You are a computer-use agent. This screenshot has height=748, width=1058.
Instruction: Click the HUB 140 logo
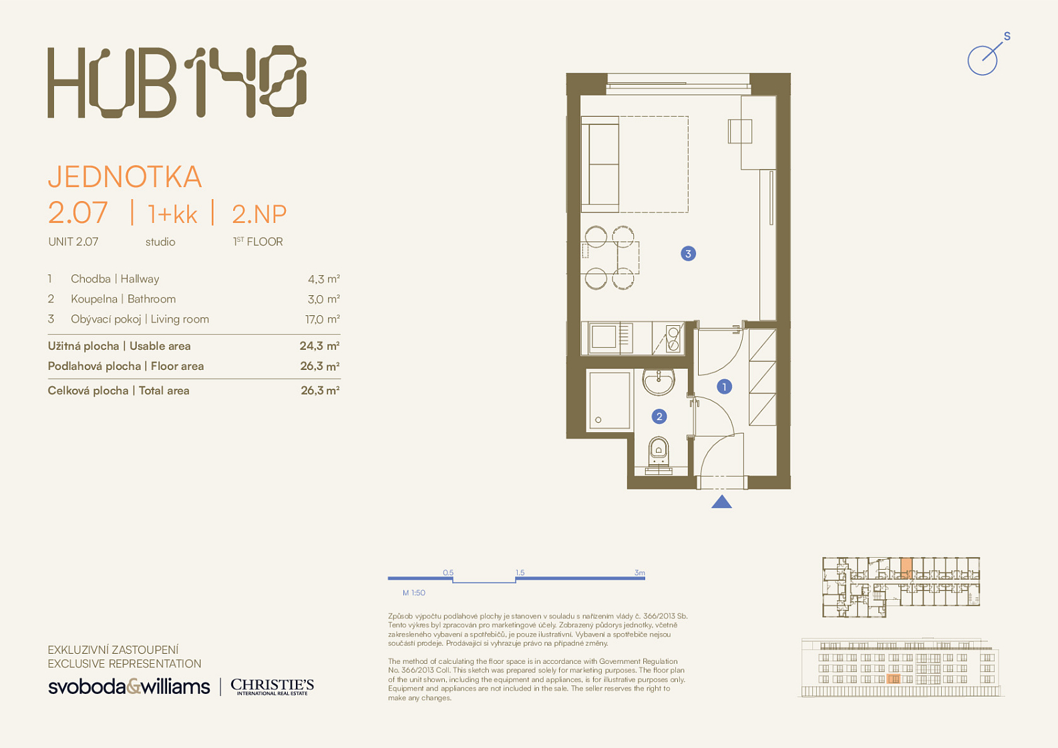tap(177, 81)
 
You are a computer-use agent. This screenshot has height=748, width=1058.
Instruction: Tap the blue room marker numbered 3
tap(688, 254)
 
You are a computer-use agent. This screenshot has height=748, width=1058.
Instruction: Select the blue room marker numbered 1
tap(724, 387)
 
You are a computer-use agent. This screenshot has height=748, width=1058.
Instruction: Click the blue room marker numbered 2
tap(659, 417)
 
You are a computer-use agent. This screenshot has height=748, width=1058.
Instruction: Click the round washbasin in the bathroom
tap(659, 381)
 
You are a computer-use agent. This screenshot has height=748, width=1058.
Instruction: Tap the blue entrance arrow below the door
tap(721, 502)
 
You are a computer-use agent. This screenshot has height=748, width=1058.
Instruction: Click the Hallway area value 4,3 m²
tap(323, 279)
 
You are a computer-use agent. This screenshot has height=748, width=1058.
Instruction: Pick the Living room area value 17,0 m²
tap(323, 319)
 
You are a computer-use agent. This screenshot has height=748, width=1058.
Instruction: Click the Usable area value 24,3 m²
tap(320, 346)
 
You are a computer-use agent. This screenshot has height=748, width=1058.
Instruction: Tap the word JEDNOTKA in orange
tap(125, 177)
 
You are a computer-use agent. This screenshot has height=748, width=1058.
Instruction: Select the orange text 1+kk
tap(172, 214)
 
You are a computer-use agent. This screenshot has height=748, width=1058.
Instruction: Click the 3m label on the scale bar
tap(639, 572)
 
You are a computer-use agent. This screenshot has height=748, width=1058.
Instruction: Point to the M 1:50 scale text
tap(413, 592)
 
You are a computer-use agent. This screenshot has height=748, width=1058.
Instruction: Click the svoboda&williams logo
tap(129, 687)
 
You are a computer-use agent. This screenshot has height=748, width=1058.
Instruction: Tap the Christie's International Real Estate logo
tap(272, 687)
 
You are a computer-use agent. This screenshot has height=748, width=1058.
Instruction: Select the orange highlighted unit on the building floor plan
tap(906, 568)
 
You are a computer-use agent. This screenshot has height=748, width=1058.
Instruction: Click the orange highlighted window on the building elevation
tap(894, 679)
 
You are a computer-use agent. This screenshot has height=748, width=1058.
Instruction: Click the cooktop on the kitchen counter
tap(673, 339)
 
